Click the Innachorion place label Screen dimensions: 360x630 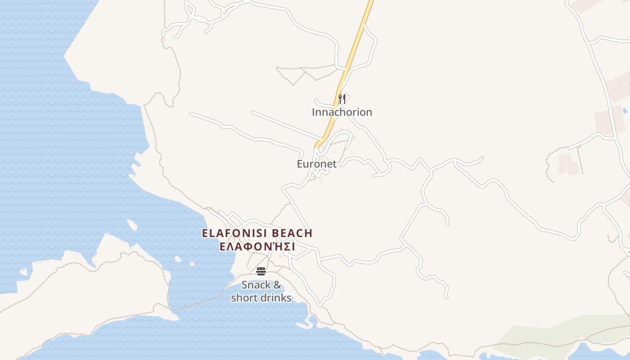(342, 112)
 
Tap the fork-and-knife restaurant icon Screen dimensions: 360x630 (342, 99)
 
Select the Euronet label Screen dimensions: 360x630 (316, 164)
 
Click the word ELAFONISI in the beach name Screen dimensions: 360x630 (234, 233)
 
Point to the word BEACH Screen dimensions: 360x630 (292, 233)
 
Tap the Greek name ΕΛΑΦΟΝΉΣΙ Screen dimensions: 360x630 (257, 247)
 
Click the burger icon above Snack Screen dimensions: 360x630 (261, 271)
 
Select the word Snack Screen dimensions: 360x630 (256, 285)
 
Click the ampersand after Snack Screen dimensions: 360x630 (277, 285)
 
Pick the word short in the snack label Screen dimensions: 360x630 (244, 298)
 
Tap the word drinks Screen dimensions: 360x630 (275, 298)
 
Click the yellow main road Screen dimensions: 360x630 (355, 49)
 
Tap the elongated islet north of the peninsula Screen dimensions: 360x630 (132, 225)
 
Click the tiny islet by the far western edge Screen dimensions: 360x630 (23, 272)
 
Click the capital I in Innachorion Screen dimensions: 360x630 (314, 112)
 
